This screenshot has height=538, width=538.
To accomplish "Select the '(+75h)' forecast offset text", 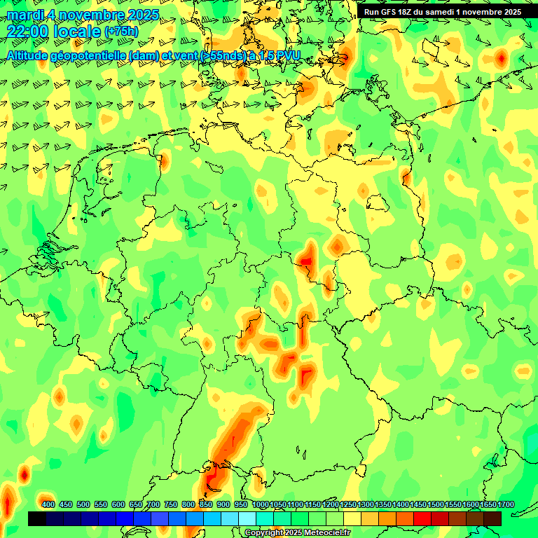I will coord(121,32).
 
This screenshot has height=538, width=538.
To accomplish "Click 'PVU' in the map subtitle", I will coord(288,55).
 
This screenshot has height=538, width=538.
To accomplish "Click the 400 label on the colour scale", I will coord(48,505).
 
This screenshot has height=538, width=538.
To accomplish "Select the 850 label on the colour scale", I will coord(206,505).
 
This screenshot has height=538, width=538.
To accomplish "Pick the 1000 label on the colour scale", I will coord(260,505).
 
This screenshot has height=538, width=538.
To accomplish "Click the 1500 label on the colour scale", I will coord(436,505).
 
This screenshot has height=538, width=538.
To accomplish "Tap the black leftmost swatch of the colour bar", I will coord(37,518).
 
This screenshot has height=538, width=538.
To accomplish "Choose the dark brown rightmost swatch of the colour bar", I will coord(492,518).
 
